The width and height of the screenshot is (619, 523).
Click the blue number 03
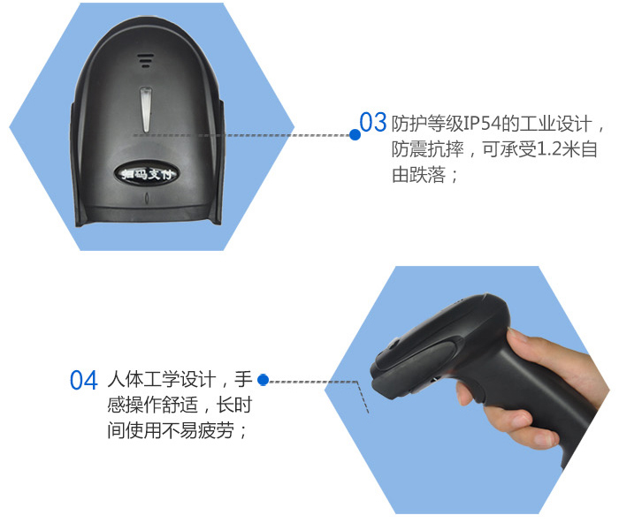372,122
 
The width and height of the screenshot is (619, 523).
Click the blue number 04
83,380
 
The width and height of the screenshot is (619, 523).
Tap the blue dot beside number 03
355,135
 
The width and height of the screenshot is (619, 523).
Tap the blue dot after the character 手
263,380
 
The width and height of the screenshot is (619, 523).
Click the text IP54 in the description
482,124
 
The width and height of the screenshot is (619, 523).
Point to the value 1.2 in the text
549,149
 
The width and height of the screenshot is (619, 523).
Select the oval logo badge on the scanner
146,173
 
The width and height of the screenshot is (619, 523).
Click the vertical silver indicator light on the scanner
146,110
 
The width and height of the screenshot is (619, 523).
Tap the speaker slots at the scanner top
146,60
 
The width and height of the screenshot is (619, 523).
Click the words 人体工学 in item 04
143,379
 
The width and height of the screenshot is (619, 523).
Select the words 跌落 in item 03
427,175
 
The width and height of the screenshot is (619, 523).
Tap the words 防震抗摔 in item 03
427,149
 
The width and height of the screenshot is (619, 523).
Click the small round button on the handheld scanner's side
394,343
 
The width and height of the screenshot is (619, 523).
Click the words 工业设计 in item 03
555,124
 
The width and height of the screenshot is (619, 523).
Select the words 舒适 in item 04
180,406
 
